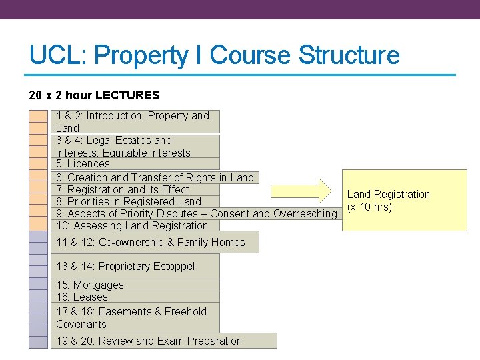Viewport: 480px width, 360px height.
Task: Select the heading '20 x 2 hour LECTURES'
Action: (x=95, y=95)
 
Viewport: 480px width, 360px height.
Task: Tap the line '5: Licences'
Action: (x=83, y=164)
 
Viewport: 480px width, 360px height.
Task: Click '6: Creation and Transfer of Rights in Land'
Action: (x=155, y=177)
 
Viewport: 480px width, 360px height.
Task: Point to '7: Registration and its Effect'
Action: (x=122, y=189)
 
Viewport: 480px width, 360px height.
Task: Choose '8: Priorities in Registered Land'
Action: (x=128, y=201)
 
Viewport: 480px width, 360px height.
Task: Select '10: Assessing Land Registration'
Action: (x=132, y=226)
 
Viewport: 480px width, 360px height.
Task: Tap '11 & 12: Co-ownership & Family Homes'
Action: (x=150, y=243)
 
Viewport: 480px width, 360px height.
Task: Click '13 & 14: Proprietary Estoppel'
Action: (x=125, y=267)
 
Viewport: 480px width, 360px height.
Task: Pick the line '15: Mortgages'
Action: (x=89, y=285)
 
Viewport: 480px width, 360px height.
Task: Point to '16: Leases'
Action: (x=81, y=297)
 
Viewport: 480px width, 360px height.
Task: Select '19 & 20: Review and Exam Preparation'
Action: (x=149, y=341)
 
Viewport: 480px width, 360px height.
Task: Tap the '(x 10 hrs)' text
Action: (x=369, y=207)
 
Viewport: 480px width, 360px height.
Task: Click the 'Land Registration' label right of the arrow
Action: (x=388, y=195)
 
